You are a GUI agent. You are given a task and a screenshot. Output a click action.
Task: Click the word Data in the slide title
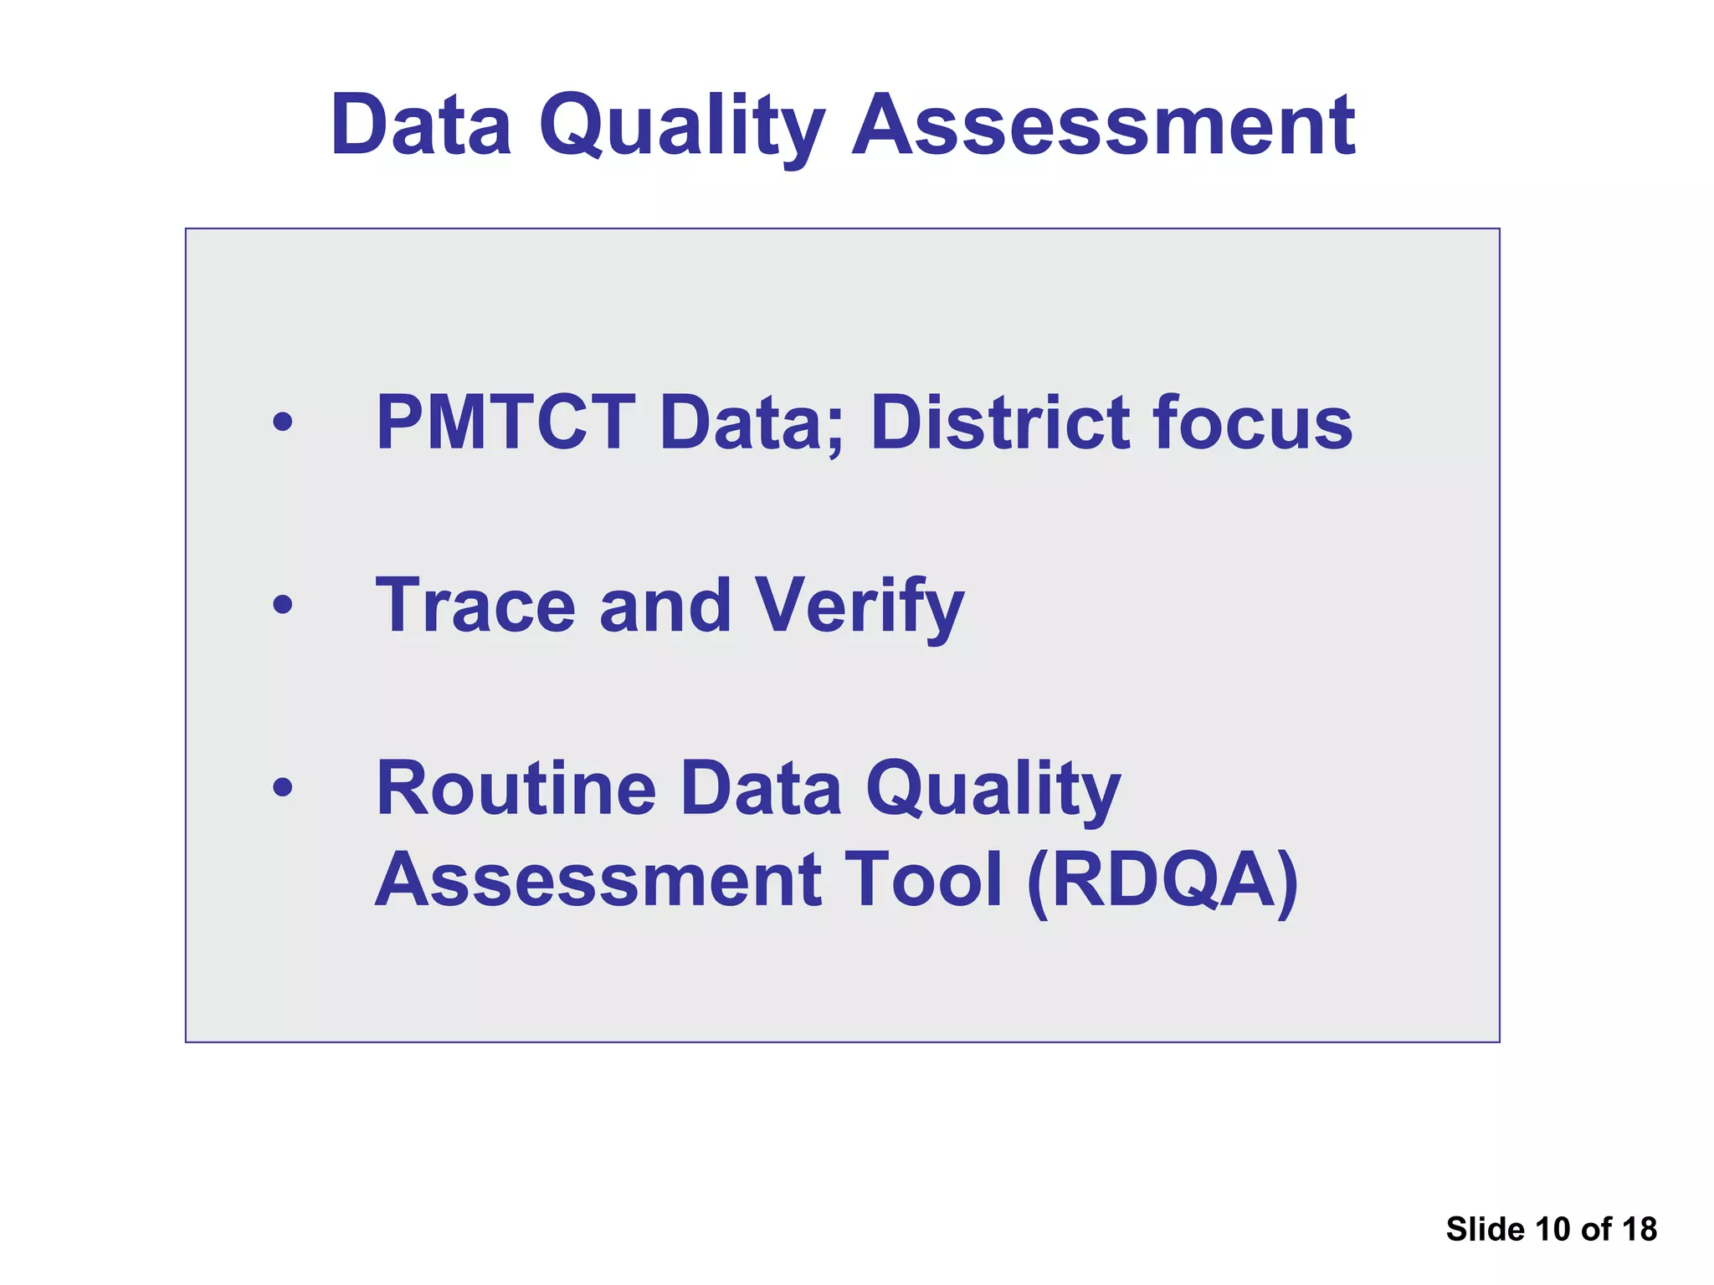[421, 125]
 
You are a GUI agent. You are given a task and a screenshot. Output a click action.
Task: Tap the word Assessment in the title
[1103, 125]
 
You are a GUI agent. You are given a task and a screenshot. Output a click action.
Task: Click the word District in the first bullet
[1000, 422]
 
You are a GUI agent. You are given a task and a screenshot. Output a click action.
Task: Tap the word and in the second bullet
[665, 606]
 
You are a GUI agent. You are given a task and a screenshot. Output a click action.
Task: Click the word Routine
[516, 788]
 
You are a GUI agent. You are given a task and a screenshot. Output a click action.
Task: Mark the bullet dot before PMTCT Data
[283, 422]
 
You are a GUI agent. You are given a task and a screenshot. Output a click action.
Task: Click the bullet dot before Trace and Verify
[283, 604]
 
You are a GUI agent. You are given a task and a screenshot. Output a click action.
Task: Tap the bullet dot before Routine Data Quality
[283, 786]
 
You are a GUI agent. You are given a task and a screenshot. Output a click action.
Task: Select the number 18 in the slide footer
[1639, 1229]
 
